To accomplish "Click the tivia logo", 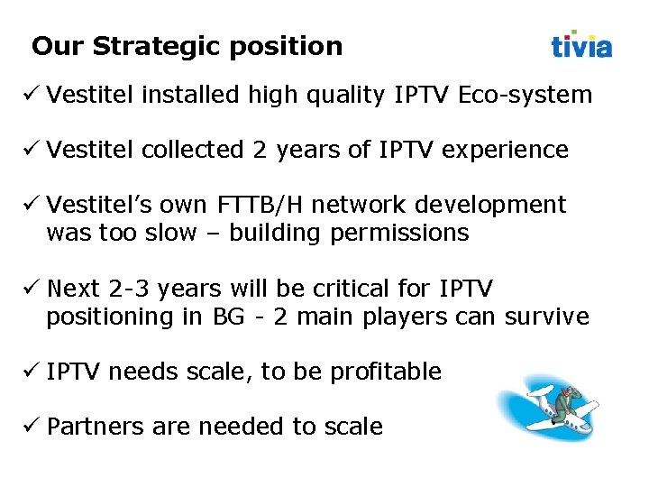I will [581, 44].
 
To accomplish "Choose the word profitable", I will [386, 372].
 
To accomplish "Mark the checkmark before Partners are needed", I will [32, 426].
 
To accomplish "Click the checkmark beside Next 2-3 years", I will [32, 288].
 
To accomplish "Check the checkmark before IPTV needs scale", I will [32, 371].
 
